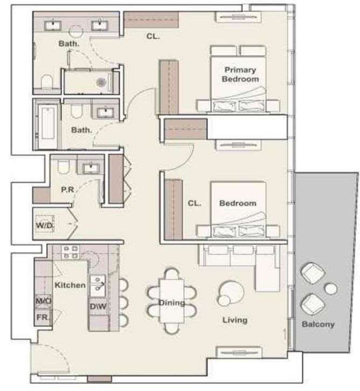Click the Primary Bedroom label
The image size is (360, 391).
pyautogui.click(x=240, y=74)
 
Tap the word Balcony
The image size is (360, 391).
pyautogui.click(x=318, y=324)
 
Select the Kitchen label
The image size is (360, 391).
pyautogui.click(x=70, y=285)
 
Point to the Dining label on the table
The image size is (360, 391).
pyautogui.click(x=172, y=303)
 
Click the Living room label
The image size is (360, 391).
pyautogui.click(x=235, y=320)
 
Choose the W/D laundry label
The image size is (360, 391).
pyautogui.click(x=45, y=225)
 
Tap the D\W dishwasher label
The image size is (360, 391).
pyautogui.click(x=98, y=306)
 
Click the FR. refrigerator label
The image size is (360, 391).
pyautogui.click(x=43, y=317)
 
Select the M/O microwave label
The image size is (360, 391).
pyautogui.click(x=43, y=301)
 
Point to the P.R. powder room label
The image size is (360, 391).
pyautogui.click(x=67, y=190)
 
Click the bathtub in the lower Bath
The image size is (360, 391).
pyautogui.click(x=47, y=123)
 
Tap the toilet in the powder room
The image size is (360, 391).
pyautogui.click(x=63, y=166)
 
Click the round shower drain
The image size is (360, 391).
pyautogui.click(x=101, y=82)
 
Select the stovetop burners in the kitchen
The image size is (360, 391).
pyautogui.click(x=70, y=252)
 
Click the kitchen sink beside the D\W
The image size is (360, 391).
pyautogui.click(x=98, y=286)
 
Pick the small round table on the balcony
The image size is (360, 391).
pyautogui.click(x=330, y=289)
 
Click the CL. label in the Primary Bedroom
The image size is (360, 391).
pyautogui.click(x=153, y=37)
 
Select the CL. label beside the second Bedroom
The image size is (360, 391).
pyautogui.click(x=195, y=203)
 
